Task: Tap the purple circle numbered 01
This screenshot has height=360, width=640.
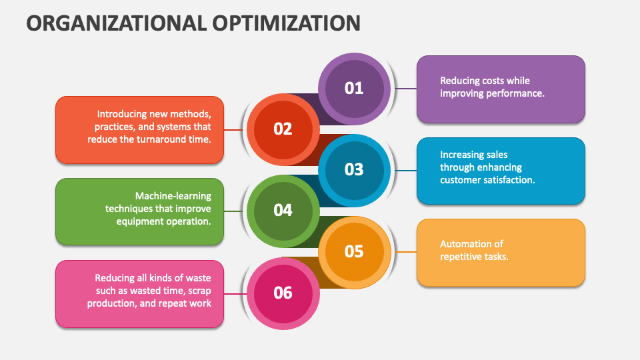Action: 353,88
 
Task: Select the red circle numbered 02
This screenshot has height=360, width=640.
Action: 283,129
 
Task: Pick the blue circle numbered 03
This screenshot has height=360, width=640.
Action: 353,169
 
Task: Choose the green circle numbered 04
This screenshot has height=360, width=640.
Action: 283,210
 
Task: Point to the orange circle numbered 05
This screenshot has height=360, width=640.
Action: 353,251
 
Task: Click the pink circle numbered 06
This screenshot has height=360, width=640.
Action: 283,292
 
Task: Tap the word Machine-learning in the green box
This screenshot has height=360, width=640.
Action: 173,196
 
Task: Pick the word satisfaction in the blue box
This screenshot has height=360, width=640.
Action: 511,180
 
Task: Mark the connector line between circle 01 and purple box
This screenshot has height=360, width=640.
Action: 406,88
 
